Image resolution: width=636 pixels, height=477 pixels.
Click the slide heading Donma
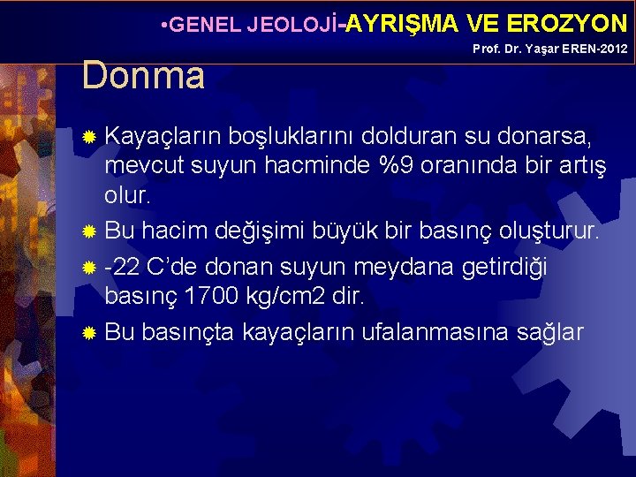click(x=143, y=76)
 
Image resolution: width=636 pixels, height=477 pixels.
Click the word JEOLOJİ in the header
click(x=286, y=25)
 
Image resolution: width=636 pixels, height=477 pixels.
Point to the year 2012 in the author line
click(x=612, y=49)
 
